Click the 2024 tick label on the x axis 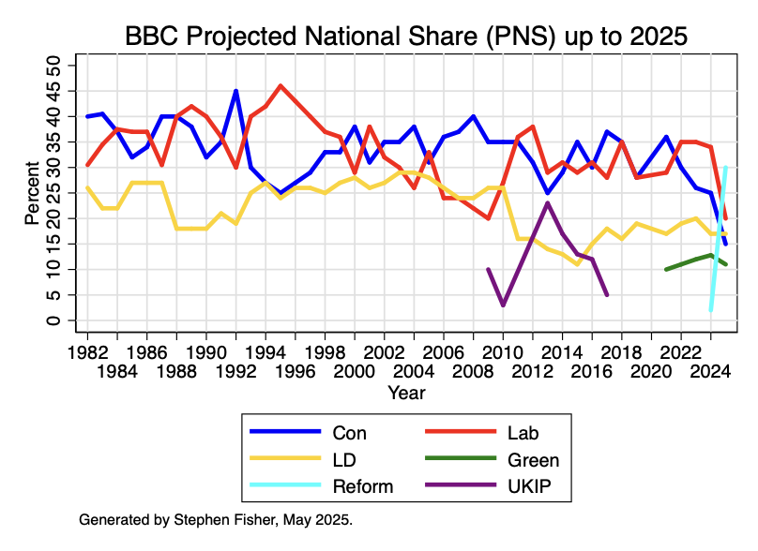coord(710,371)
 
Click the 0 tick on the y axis coord(54,320)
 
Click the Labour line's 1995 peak coord(280,86)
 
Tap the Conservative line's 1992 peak coord(235,92)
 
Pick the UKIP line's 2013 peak coord(548,203)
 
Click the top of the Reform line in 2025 coord(725,169)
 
